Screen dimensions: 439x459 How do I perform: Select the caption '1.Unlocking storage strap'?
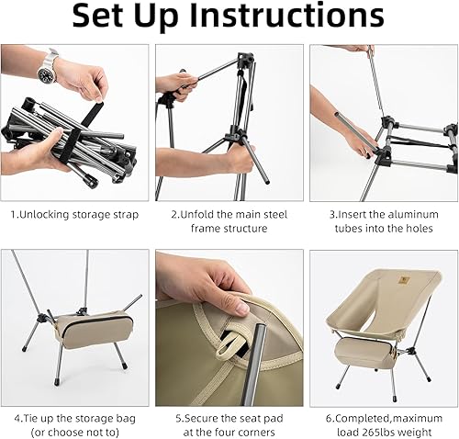pyautogui.click(x=75, y=214)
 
